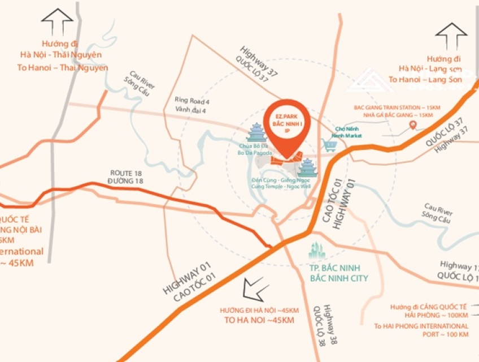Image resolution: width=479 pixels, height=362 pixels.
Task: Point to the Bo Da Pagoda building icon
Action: pos(256,134)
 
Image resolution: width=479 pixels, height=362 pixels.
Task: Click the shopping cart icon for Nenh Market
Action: pos(330,145)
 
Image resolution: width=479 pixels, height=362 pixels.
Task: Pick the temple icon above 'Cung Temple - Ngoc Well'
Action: pos(308,167)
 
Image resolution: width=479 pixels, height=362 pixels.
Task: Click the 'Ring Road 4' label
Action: pos(192,101)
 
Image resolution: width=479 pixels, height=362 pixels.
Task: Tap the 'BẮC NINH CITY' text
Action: pos(339,278)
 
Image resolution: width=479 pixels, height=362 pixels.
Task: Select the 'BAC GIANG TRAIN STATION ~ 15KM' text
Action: pos(395,107)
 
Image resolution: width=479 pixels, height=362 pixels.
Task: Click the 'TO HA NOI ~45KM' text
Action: pos(259,321)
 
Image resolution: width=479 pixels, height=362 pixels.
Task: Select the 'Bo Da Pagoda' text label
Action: pos(254,153)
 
